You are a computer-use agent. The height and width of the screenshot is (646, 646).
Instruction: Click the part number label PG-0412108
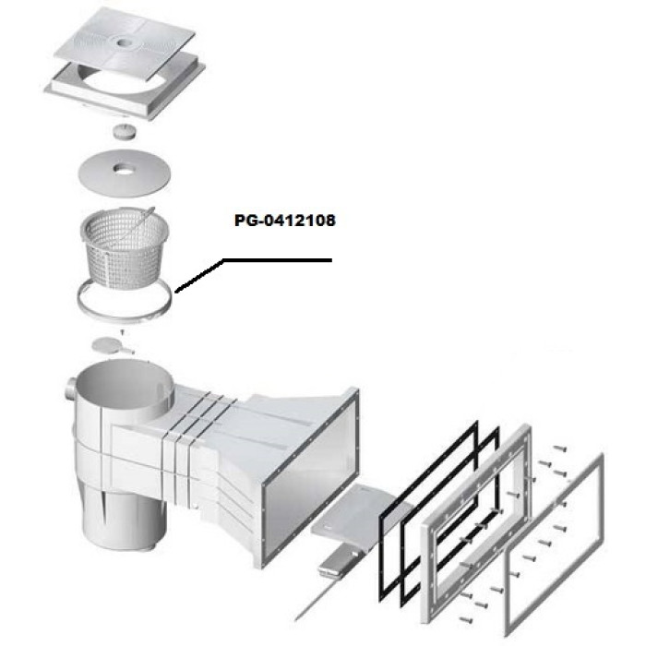[284, 221]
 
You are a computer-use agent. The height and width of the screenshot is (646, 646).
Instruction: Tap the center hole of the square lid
[123, 42]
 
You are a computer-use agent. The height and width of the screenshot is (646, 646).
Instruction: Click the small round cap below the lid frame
[125, 132]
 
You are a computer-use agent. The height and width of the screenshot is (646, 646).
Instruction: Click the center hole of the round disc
[123, 168]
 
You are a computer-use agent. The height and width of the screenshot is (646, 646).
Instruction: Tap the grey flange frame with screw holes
[425, 577]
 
